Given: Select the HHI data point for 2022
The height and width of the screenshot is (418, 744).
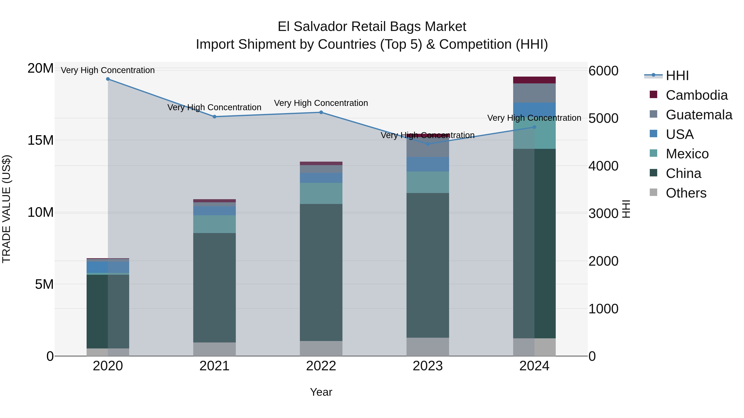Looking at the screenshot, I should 321,112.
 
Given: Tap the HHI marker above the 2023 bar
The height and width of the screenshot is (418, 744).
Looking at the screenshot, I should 428,144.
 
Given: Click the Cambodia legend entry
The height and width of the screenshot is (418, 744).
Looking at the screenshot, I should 696,95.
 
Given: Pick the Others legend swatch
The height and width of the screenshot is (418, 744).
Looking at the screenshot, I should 653,192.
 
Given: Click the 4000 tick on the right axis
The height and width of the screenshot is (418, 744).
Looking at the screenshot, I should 603,166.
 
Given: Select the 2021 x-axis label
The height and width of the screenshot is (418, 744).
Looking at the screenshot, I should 214,366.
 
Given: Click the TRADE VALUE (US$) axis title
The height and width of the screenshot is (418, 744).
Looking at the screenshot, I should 6,209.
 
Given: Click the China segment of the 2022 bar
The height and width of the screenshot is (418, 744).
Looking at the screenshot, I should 321,273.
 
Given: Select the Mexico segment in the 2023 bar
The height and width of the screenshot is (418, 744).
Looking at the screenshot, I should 428,182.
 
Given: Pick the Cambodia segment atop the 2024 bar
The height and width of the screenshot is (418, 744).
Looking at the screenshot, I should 534,80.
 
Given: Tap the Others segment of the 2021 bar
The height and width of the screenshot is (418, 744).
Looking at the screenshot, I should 214,349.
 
